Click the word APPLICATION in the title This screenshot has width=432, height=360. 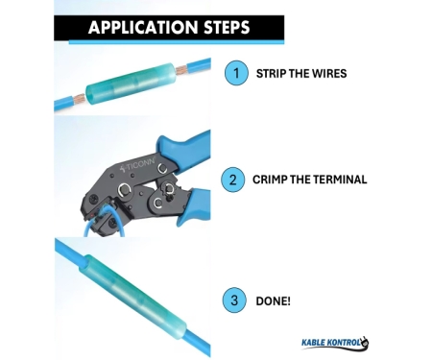pyautogui.click(x=143, y=27)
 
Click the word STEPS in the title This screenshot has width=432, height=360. pyautogui.click(x=227, y=27)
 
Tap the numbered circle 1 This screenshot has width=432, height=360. pyautogui.click(x=236, y=73)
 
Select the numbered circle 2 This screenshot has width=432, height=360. pyautogui.click(x=232, y=180)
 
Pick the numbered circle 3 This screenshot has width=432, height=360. pyautogui.click(x=234, y=300)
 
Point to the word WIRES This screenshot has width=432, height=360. pyautogui.click(x=329, y=74)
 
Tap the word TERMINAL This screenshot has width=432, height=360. pyautogui.click(x=340, y=180)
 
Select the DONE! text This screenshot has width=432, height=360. pyautogui.click(x=273, y=301)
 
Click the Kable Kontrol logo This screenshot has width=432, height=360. pyautogui.click(x=335, y=343)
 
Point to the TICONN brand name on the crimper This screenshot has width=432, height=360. pyautogui.click(x=137, y=165)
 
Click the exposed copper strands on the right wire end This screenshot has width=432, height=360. pyautogui.click(x=181, y=69)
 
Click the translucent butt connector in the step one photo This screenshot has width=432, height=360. pyautogui.click(x=131, y=84)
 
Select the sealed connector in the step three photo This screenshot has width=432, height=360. pyautogui.click(x=133, y=294)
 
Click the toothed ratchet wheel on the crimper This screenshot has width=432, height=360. pyautogui.click(x=168, y=189)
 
